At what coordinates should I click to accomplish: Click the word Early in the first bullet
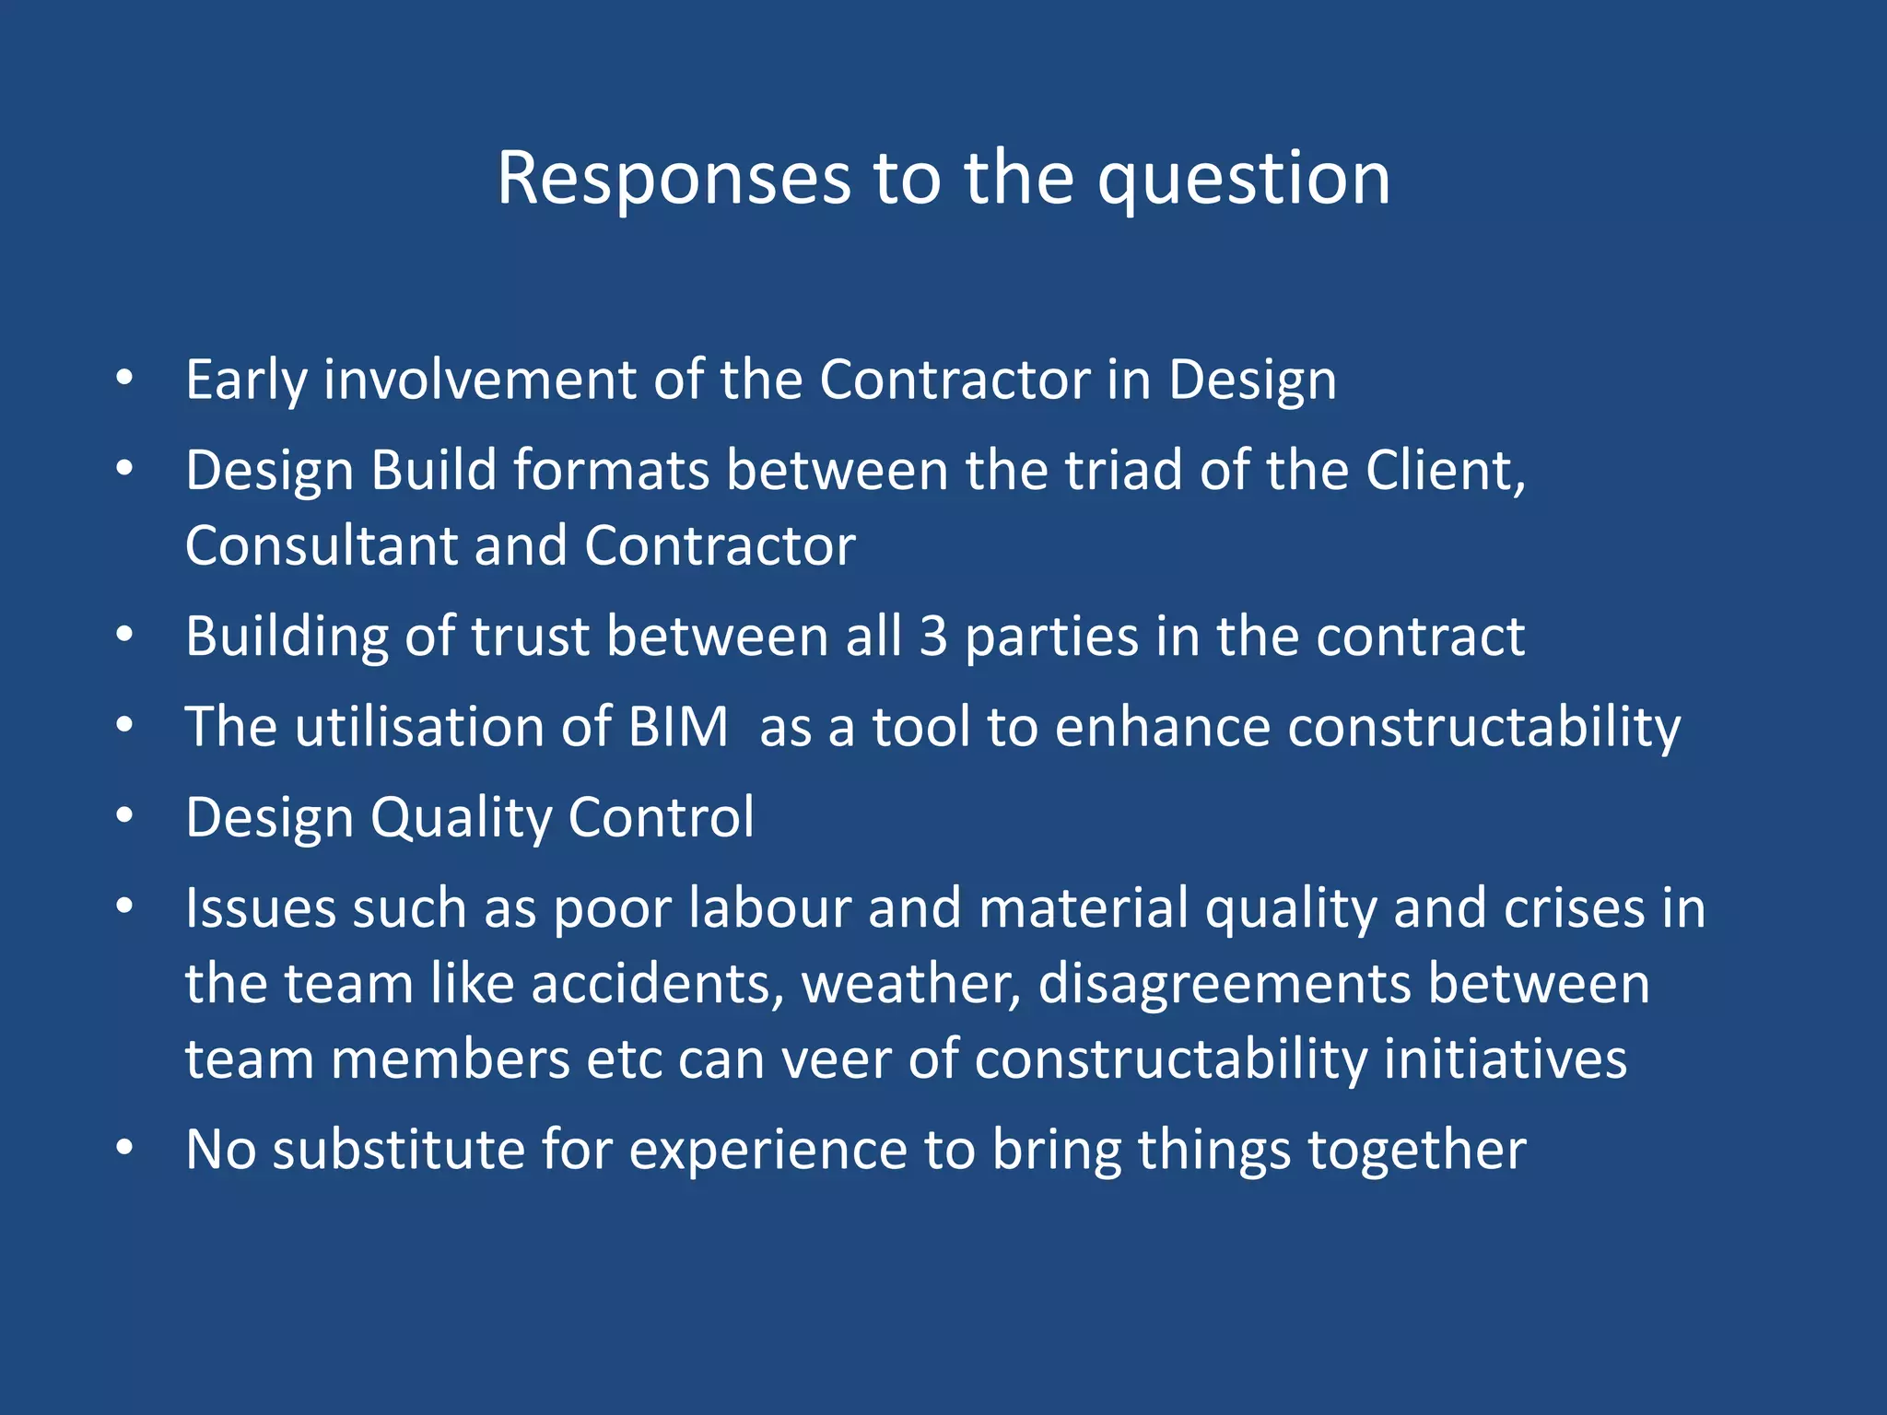tap(245, 380)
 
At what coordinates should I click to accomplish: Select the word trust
tap(530, 636)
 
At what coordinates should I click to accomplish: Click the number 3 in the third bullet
tap(933, 636)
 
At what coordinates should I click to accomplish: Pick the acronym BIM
tap(678, 727)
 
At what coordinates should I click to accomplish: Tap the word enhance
tap(1162, 727)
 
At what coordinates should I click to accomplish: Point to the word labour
tap(769, 908)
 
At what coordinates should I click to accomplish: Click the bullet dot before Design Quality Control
tap(125, 816)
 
